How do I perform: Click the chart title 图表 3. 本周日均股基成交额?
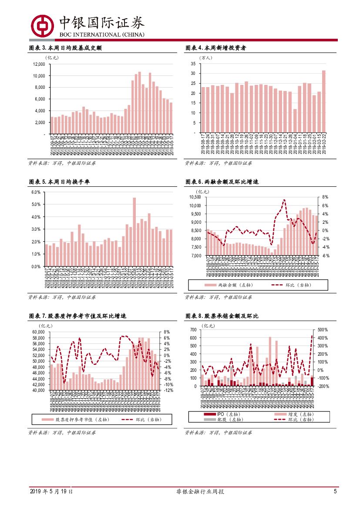pos(65,48)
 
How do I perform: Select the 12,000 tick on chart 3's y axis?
pos(39,64)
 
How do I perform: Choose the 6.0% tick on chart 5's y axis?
pos(36,192)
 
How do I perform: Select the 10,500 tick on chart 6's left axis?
pos(195,197)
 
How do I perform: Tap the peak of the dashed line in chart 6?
pos(284,200)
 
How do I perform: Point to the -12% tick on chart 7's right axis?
pos(169,391)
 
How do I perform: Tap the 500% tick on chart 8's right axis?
pos(323,330)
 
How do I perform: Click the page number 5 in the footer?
pos(335,492)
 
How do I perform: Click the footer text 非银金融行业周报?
pos(200,492)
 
